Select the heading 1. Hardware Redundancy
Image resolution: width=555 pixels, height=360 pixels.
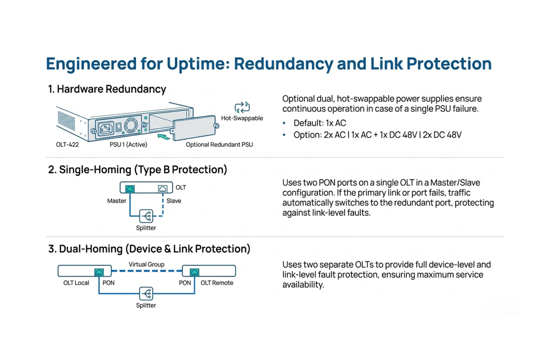coord(107,89)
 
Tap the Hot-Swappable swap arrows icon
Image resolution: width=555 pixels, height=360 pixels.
coord(242,107)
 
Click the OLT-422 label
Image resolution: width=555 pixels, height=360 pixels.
coord(67,144)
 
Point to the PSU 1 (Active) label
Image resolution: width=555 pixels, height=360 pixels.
coord(128,144)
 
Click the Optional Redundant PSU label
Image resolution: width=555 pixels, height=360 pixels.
coord(219,144)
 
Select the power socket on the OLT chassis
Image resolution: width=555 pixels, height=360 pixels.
coord(106,128)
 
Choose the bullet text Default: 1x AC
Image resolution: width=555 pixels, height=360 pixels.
coord(320,123)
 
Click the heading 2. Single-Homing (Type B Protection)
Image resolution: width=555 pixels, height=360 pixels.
coord(137,170)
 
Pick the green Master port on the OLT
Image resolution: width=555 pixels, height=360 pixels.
coord(130,189)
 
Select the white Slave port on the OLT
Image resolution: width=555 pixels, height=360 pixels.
coord(163,189)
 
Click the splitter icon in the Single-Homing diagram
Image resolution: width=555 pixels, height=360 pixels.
coord(146,216)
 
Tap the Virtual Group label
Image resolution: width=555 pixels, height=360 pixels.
coord(147,264)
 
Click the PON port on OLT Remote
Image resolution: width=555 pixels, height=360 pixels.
coord(195,272)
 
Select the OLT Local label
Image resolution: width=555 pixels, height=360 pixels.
coord(76,283)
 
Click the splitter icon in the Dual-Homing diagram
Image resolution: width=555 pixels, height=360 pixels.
coord(146,294)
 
